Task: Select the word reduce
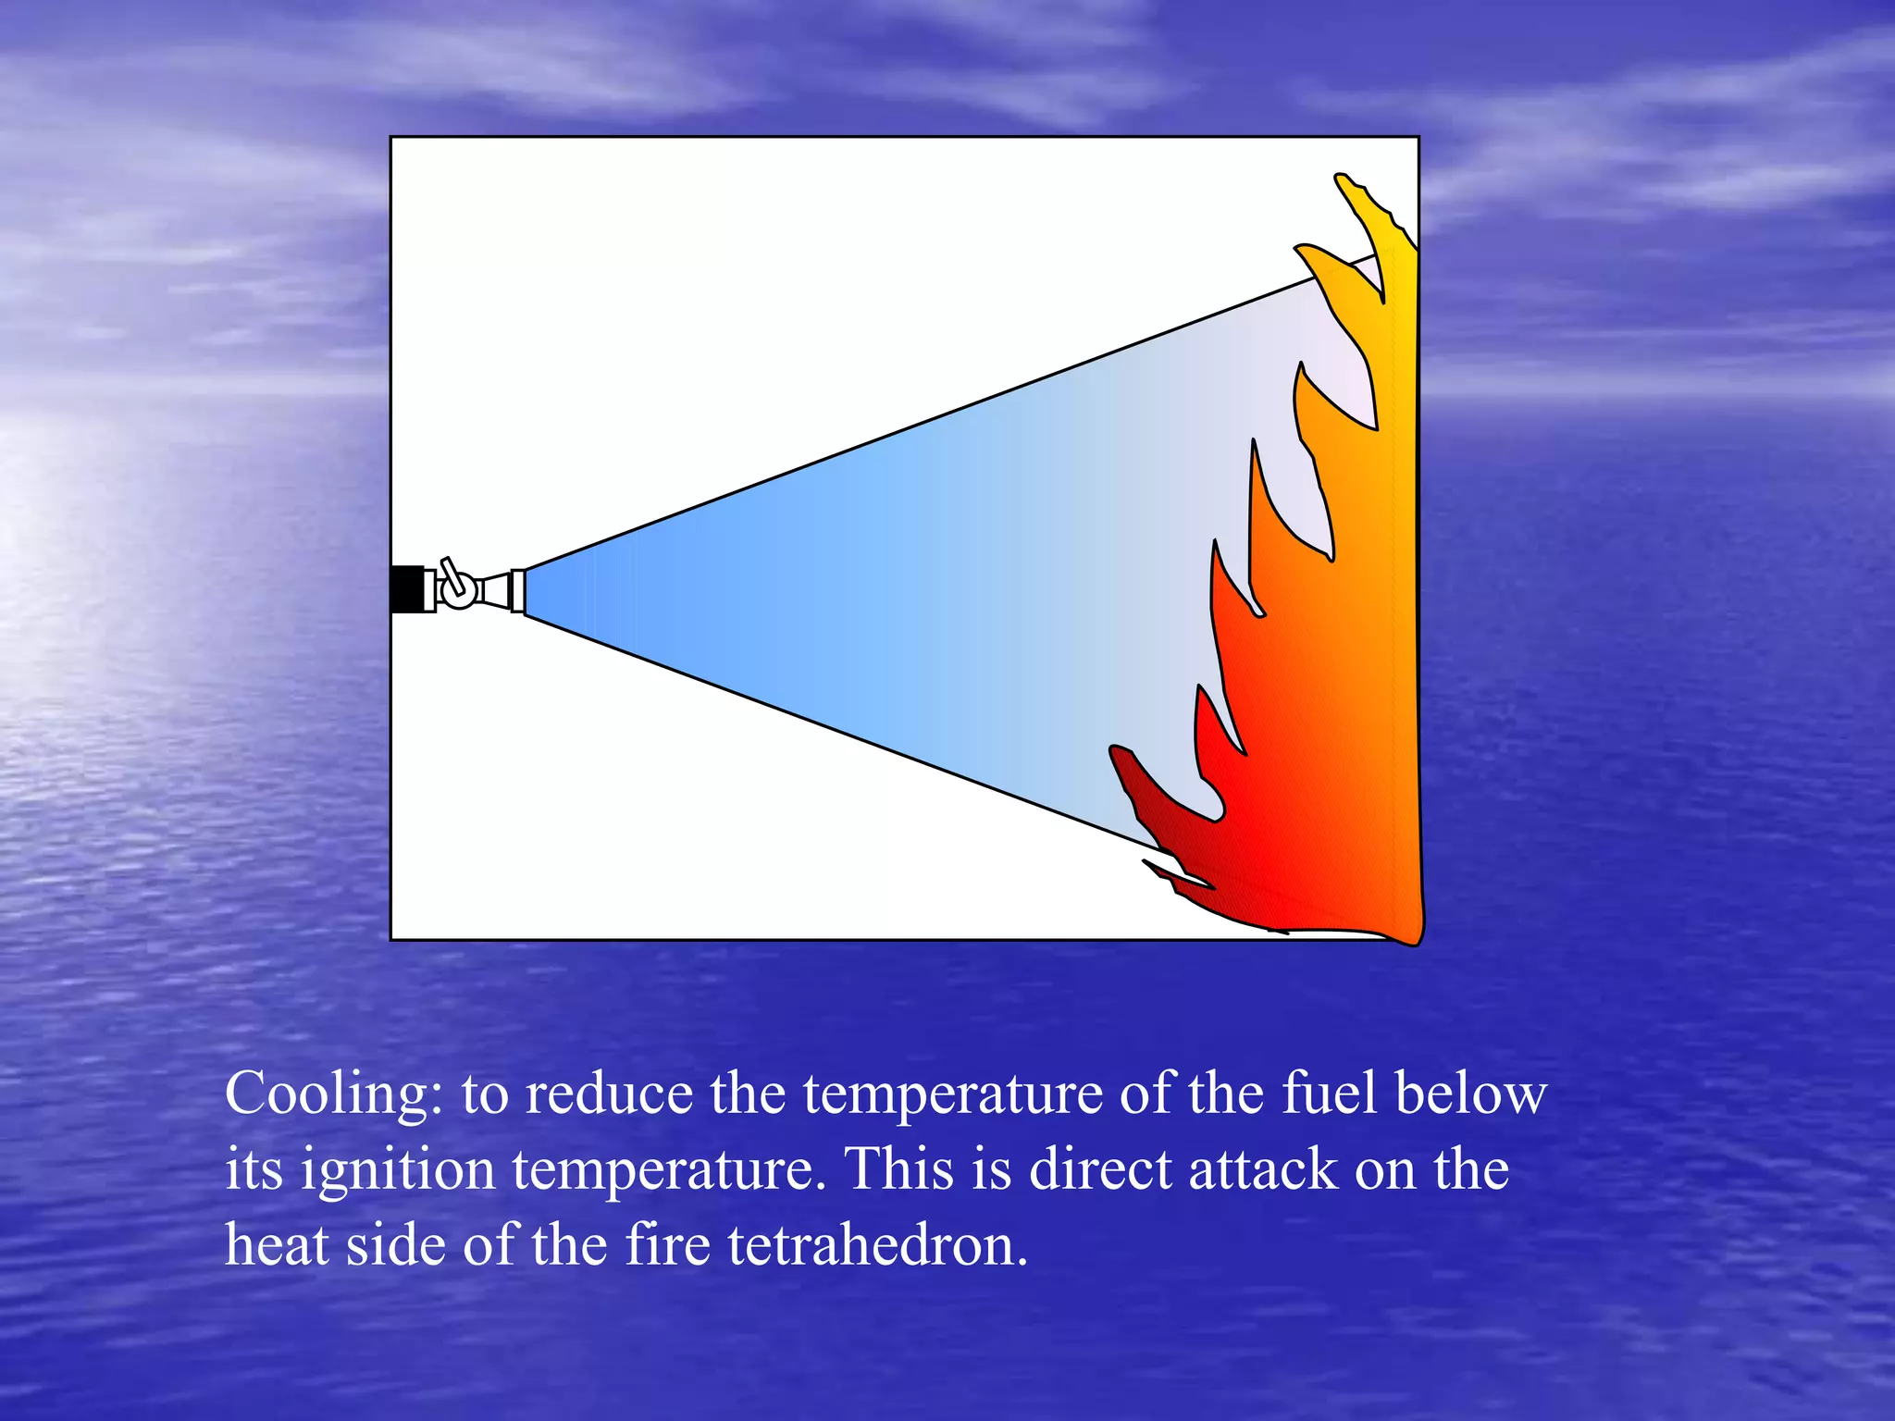tap(609, 1094)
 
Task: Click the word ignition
tap(398, 1171)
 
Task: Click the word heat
tap(277, 1244)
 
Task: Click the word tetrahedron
tap(877, 1244)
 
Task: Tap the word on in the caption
tap(1386, 1170)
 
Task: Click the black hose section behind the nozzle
tap(406, 589)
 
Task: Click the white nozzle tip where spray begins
tap(518, 591)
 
